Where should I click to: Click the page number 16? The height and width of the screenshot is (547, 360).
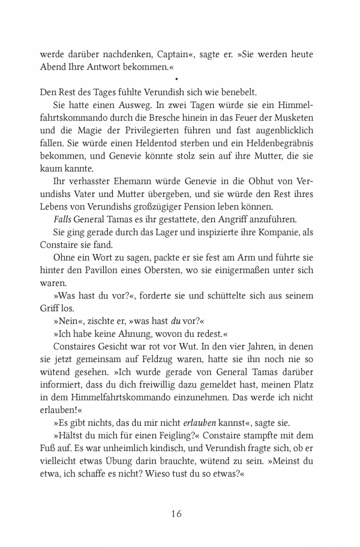click(x=176, y=513)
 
